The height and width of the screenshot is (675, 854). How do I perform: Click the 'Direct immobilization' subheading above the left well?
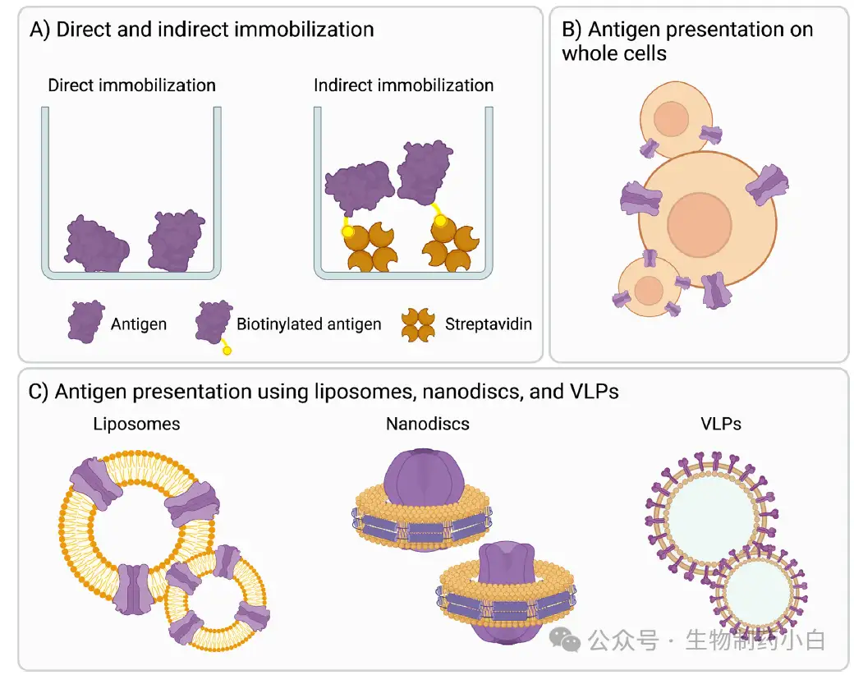pos(132,85)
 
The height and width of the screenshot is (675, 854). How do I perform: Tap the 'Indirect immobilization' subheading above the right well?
pos(403,85)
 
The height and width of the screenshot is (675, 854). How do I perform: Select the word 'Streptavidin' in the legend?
pos(488,324)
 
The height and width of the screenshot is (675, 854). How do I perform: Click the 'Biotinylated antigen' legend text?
pos(309,324)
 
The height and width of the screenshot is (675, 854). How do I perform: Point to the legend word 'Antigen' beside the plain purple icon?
pos(139,324)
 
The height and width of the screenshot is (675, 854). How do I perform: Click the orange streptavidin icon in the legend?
pos(418,325)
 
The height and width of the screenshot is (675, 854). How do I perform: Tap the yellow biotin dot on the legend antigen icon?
pos(227,351)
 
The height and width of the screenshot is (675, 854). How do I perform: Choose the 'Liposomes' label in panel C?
pos(136,424)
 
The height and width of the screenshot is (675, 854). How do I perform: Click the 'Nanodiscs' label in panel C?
pos(428,424)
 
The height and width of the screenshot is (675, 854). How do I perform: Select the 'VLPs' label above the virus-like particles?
pos(721,424)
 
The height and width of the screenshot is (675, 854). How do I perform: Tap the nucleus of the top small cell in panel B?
pos(671,119)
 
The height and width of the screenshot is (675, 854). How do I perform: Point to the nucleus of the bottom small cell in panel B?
pos(648,291)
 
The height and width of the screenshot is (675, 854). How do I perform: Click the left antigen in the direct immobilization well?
pos(96,245)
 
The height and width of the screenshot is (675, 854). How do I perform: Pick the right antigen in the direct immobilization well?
pos(176,241)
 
